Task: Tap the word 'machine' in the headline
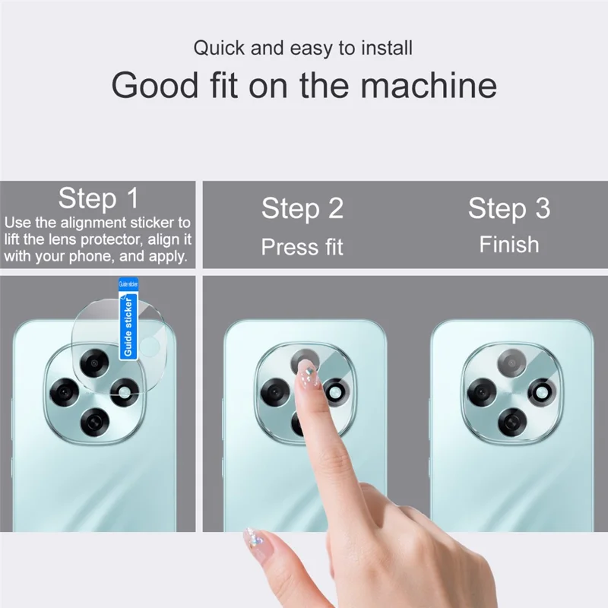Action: (429, 85)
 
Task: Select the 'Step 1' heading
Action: (99, 198)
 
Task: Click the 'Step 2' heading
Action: (302, 208)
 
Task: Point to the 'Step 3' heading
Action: (509, 208)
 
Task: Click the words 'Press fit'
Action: (302, 246)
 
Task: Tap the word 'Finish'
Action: (509, 245)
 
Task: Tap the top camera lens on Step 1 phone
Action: (93, 363)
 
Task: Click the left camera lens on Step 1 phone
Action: (65, 392)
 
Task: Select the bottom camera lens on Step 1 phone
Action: (94, 422)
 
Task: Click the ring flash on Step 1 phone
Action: (124, 392)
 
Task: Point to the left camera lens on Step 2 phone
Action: (275, 393)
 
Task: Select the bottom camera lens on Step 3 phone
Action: (512, 422)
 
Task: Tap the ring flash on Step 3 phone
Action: (542, 393)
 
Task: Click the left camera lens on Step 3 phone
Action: (482, 392)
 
